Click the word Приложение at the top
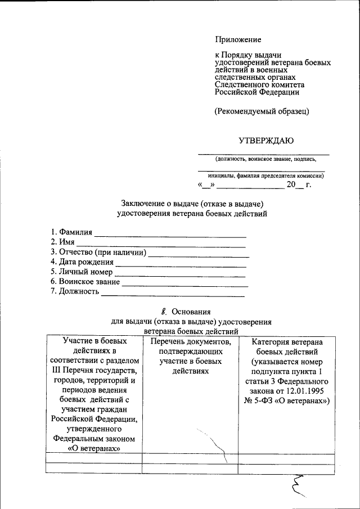[238, 39]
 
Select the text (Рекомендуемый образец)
[262, 111]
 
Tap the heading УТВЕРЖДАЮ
[265, 140]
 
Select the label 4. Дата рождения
[82, 262]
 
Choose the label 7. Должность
[75, 291]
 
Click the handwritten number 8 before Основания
[164, 310]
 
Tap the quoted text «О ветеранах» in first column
[94, 449]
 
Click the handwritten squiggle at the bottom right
[299, 485]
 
